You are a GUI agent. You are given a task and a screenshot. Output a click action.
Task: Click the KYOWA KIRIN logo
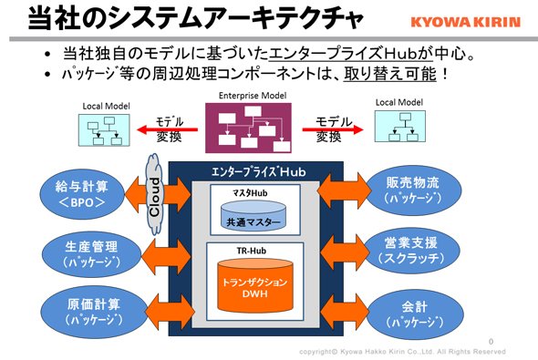[x=466, y=22]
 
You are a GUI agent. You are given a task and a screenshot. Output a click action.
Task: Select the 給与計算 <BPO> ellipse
[x=82, y=194]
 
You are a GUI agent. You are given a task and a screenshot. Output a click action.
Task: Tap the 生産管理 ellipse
[x=91, y=254]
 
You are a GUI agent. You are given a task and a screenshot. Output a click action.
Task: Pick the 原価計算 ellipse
[x=94, y=312]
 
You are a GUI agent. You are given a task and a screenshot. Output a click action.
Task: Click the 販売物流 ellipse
[x=413, y=190]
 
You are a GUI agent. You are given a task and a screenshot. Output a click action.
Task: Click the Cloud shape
[x=154, y=195]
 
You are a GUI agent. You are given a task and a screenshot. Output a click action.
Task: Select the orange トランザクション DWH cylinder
[x=255, y=285]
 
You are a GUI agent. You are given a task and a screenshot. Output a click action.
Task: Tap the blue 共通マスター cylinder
[x=253, y=215]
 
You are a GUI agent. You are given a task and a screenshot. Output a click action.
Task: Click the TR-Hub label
[x=252, y=251]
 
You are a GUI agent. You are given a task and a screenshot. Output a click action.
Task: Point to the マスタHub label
[x=250, y=193]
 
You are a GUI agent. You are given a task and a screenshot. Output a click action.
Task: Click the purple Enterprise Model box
[x=248, y=128]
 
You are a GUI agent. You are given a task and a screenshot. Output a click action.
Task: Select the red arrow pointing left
[x=167, y=129]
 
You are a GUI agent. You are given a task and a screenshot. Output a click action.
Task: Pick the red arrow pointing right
[x=333, y=129]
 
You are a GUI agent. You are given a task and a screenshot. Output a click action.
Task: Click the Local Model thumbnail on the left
[x=104, y=130]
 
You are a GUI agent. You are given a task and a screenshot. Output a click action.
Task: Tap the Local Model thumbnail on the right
[x=400, y=126]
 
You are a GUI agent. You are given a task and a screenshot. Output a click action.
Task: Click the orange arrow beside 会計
[x=344, y=312]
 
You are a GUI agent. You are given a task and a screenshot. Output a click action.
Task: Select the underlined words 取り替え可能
[x=390, y=74]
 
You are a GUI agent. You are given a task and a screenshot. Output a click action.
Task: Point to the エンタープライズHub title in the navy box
[x=258, y=171]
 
